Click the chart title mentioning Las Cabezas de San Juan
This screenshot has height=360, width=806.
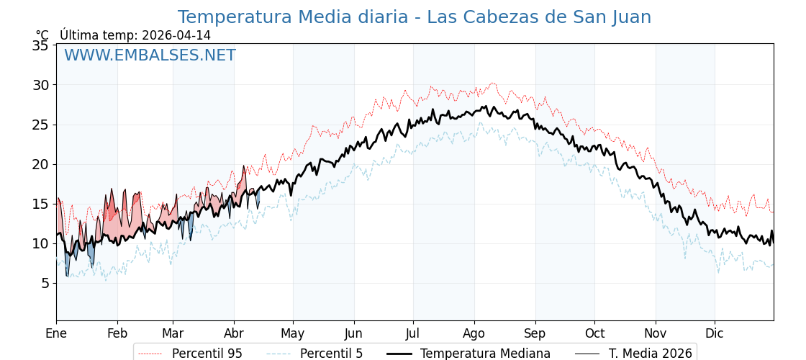414,17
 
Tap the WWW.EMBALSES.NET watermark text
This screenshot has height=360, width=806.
150,55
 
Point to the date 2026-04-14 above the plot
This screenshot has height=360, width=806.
176,35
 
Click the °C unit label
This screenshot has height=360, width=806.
42,35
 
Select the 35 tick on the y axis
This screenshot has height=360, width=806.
41,45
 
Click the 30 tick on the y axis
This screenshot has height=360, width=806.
41,85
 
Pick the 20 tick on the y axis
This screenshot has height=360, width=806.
41,164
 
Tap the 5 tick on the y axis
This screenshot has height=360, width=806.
45,283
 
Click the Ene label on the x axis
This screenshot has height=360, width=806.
56,333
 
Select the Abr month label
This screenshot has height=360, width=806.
234,333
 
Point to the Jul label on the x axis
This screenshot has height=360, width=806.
413,333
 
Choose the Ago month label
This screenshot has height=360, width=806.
474,333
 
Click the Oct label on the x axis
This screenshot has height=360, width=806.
594,333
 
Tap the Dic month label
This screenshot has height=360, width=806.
715,333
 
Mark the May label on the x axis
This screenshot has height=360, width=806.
293,333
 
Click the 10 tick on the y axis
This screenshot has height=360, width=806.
41,243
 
